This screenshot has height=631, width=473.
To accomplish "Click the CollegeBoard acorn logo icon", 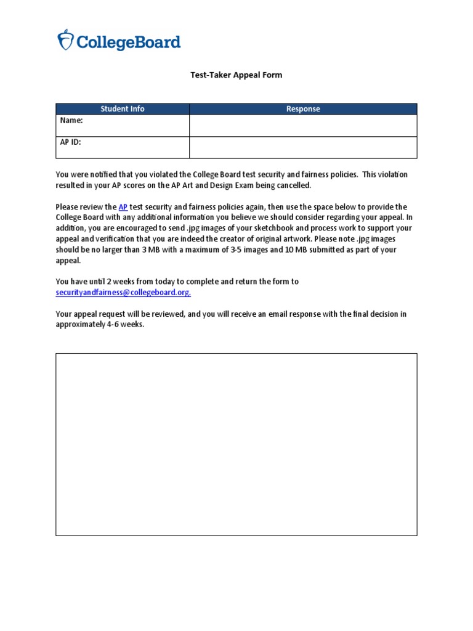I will [x=65, y=40].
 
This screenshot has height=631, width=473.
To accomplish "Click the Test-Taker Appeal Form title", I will [x=236, y=75].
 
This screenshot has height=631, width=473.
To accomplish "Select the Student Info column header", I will [x=123, y=109].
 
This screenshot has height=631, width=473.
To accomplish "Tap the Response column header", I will [x=303, y=109].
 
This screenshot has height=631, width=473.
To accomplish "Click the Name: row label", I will [x=71, y=121].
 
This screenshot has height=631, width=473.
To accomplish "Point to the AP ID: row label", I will [x=71, y=142].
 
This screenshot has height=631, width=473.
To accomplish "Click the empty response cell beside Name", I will [x=303, y=125].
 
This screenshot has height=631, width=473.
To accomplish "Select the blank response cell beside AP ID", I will [x=303, y=147].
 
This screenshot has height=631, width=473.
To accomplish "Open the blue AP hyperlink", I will [x=123, y=207].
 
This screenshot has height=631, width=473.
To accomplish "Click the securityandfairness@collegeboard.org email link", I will [x=123, y=293].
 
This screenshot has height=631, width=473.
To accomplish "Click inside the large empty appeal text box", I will [x=236, y=444].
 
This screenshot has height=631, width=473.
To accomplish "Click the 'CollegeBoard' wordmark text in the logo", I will [x=128, y=42].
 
